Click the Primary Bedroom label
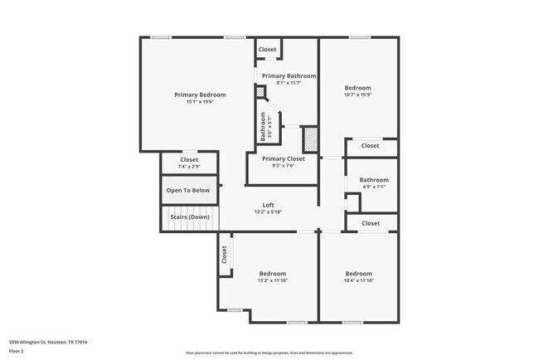200,95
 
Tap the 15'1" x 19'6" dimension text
200,103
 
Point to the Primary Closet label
283,158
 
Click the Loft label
268,205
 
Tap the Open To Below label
188,191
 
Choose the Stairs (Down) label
189,217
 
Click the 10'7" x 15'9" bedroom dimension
358,95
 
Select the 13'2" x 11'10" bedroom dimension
272,281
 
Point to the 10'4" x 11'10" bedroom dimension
358,281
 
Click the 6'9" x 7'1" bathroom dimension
374,187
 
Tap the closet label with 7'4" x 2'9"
189,167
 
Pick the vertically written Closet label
224,255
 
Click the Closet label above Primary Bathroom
267,50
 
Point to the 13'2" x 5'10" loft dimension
268,212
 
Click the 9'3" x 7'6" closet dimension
283,166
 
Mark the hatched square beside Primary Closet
310,137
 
